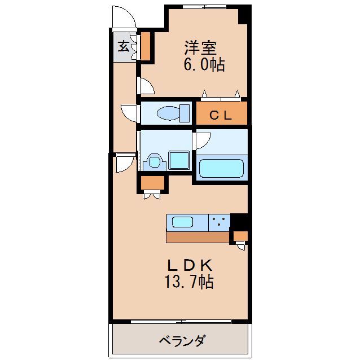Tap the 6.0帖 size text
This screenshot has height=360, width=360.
[204, 64]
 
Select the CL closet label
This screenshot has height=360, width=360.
[221, 115]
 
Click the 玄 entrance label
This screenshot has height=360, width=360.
[124, 47]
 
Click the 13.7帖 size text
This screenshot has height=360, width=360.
[190, 282]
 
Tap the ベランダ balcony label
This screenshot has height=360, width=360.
[182, 341]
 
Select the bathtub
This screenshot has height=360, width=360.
[221, 168]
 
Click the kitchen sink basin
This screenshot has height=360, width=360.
[183, 222]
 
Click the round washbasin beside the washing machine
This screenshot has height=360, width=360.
[153, 161]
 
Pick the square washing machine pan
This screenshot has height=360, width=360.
[179, 160]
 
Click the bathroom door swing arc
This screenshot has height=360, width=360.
[202, 140]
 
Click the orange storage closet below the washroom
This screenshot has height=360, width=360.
[152, 183]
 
